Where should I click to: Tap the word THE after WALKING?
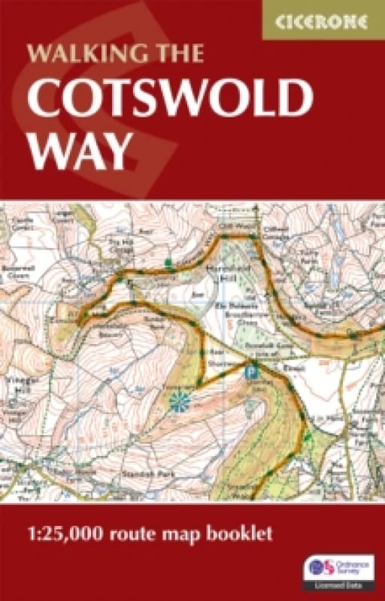(x=177, y=53)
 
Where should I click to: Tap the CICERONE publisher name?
(x=323, y=21)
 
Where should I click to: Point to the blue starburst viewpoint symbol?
(x=180, y=403)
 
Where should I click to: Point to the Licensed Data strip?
(x=338, y=584)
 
